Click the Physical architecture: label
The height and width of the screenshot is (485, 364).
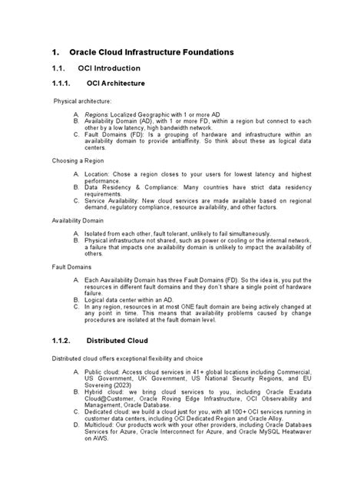click(x=82, y=101)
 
